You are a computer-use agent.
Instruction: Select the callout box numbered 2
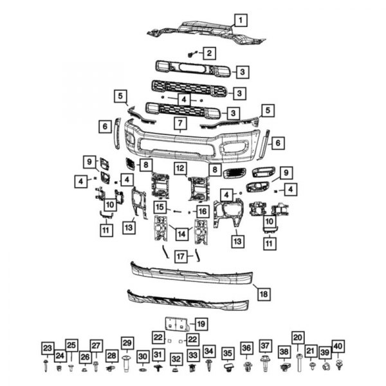point(210,52)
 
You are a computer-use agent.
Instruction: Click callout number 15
point(159,207)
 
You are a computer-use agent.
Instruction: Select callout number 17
point(181,256)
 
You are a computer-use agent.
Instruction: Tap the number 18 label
point(263,294)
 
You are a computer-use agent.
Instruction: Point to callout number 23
point(47,349)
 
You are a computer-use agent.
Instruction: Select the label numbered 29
point(127,343)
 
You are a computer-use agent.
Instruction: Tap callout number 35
point(227,353)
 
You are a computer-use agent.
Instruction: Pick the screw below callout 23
point(47,365)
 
